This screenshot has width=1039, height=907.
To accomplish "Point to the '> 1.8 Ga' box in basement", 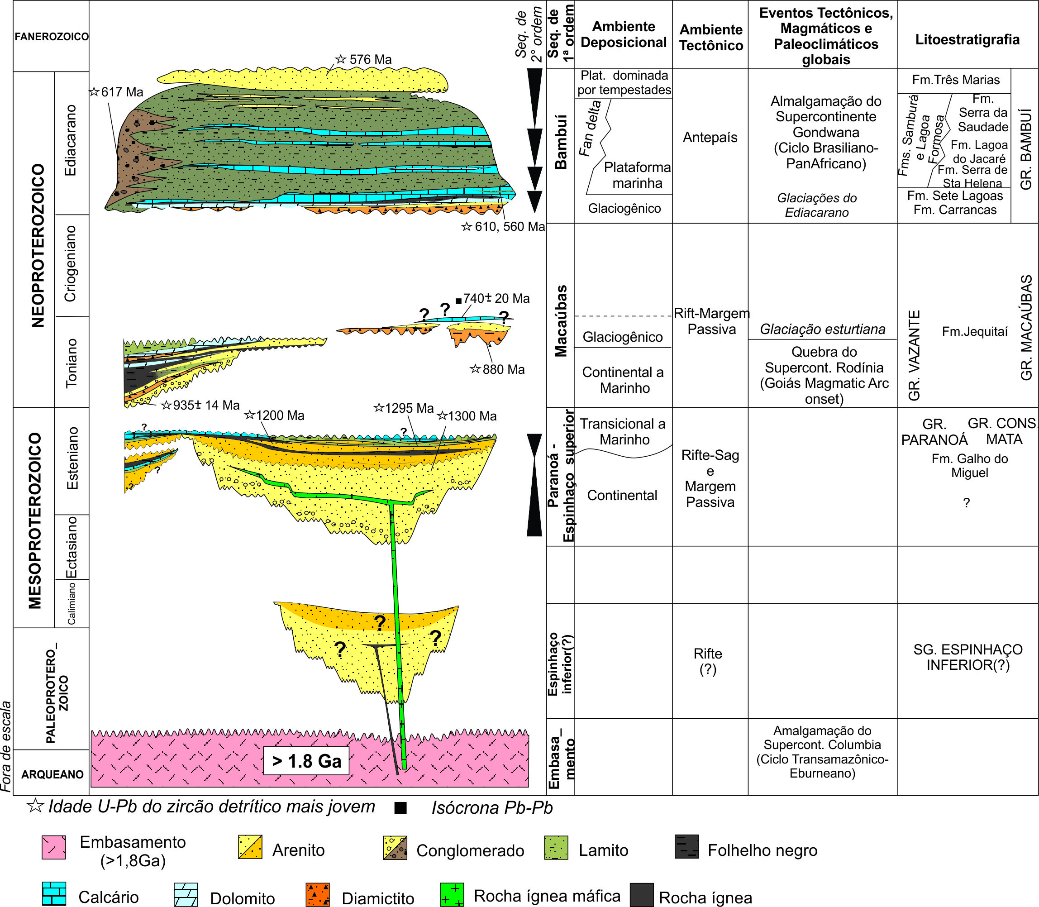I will [x=306, y=761].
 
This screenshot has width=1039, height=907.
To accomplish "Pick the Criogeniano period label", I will [x=70, y=264].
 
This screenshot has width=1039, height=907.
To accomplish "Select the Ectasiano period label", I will [x=72, y=547].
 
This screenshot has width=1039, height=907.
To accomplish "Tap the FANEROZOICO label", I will [x=51, y=37].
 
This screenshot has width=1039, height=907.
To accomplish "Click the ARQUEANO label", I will [x=52, y=774].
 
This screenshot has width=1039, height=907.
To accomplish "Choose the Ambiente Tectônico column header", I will [x=710, y=38].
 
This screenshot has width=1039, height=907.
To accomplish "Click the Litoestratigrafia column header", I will [x=967, y=39].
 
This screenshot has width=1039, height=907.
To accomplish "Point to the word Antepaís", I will [x=710, y=137].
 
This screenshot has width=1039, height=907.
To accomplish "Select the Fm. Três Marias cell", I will [x=955, y=80].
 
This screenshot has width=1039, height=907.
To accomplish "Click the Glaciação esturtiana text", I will [x=822, y=329].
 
